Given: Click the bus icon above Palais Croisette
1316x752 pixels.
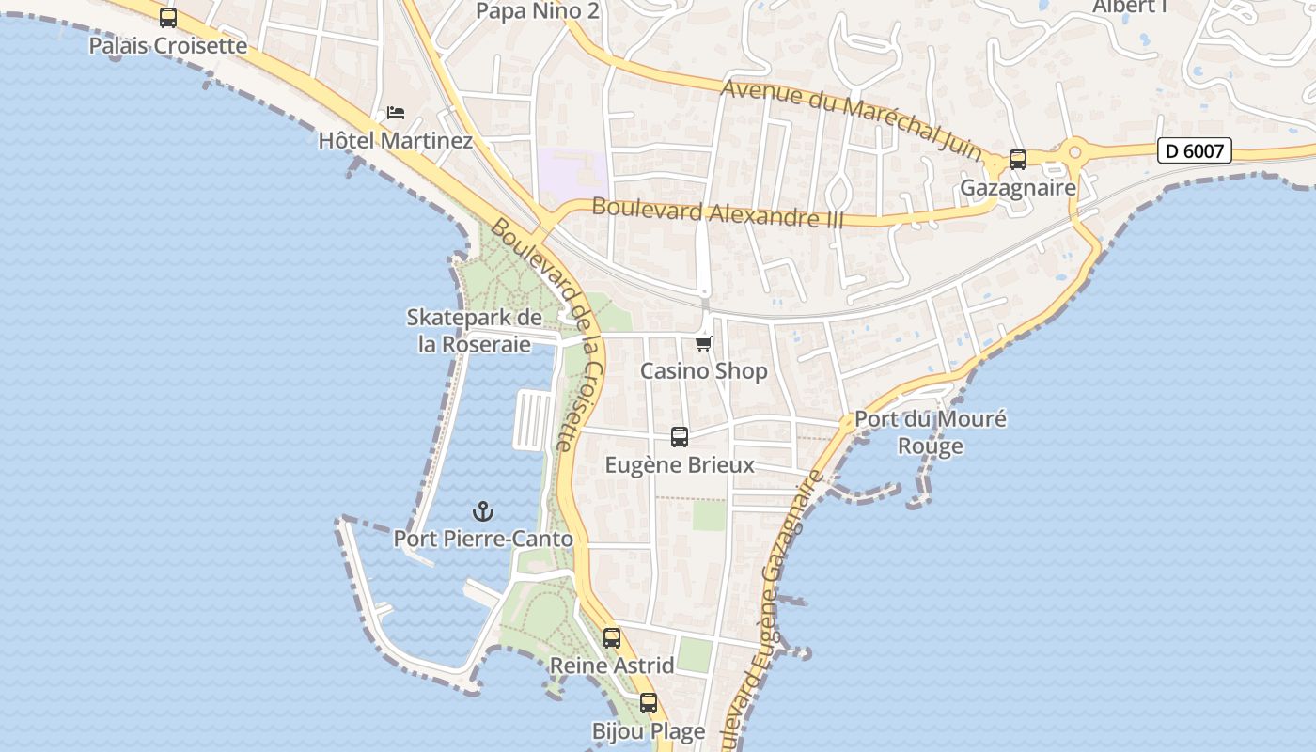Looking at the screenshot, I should click(x=168, y=18).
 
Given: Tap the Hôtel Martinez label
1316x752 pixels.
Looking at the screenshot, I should click(x=395, y=140).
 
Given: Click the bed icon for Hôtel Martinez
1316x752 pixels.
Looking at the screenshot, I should click(x=396, y=114).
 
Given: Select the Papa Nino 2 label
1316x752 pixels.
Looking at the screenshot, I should click(x=537, y=11).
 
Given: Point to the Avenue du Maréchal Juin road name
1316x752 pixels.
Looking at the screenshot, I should click(x=853, y=112).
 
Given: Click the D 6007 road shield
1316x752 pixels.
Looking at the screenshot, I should click(x=1194, y=150).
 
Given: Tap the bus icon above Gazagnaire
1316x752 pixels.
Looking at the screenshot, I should click(x=1017, y=160).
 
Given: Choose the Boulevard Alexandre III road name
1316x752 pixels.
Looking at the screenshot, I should click(x=717, y=213).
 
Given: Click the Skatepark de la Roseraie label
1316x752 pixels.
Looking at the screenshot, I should click(x=475, y=331).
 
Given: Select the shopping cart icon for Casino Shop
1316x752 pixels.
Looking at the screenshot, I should click(x=704, y=344).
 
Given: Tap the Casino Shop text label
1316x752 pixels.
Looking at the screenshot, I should click(x=704, y=371).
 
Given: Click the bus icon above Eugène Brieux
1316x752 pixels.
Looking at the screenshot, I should click(x=680, y=437).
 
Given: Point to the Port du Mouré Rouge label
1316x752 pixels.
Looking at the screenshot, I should click(x=930, y=432).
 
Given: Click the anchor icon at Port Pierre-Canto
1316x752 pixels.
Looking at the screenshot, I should click(x=483, y=512).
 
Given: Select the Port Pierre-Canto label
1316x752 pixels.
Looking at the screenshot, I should click(x=483, y=540).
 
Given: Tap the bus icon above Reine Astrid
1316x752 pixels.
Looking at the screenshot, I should click(x=612, y=639).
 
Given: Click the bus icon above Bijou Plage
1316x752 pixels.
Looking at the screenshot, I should click(x=648, y=703).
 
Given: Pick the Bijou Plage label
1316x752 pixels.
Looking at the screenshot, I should click(x=648, y=731).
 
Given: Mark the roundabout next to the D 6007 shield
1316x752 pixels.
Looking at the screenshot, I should click(x=1074, y=150).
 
